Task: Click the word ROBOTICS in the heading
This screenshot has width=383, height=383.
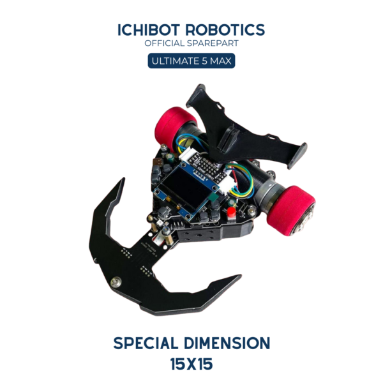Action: pos(225,30)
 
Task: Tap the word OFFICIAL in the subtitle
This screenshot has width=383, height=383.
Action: pos(164,43)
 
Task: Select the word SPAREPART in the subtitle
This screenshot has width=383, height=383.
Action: pos(213,43)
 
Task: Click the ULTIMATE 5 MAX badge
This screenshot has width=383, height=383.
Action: pos(191,61)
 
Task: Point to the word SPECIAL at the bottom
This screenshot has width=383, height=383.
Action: pos(146,343)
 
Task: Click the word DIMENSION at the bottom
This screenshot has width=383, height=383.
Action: pos(227,343)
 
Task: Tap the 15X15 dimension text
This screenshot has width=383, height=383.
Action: pos(191,364)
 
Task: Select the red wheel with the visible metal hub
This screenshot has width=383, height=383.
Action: pos(291,211)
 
